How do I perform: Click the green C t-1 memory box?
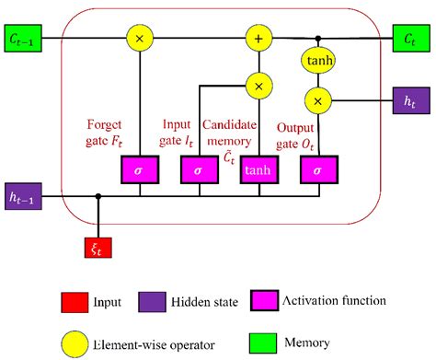tap(26, 39)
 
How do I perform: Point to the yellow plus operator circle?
tap(258, 39)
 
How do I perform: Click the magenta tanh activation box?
tap(258, 170)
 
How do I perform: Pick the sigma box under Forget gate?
tap(140, 170)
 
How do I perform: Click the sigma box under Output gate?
tap(319, 170)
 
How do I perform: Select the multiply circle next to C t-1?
tap(140, 39)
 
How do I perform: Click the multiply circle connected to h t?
tap(319, 99)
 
